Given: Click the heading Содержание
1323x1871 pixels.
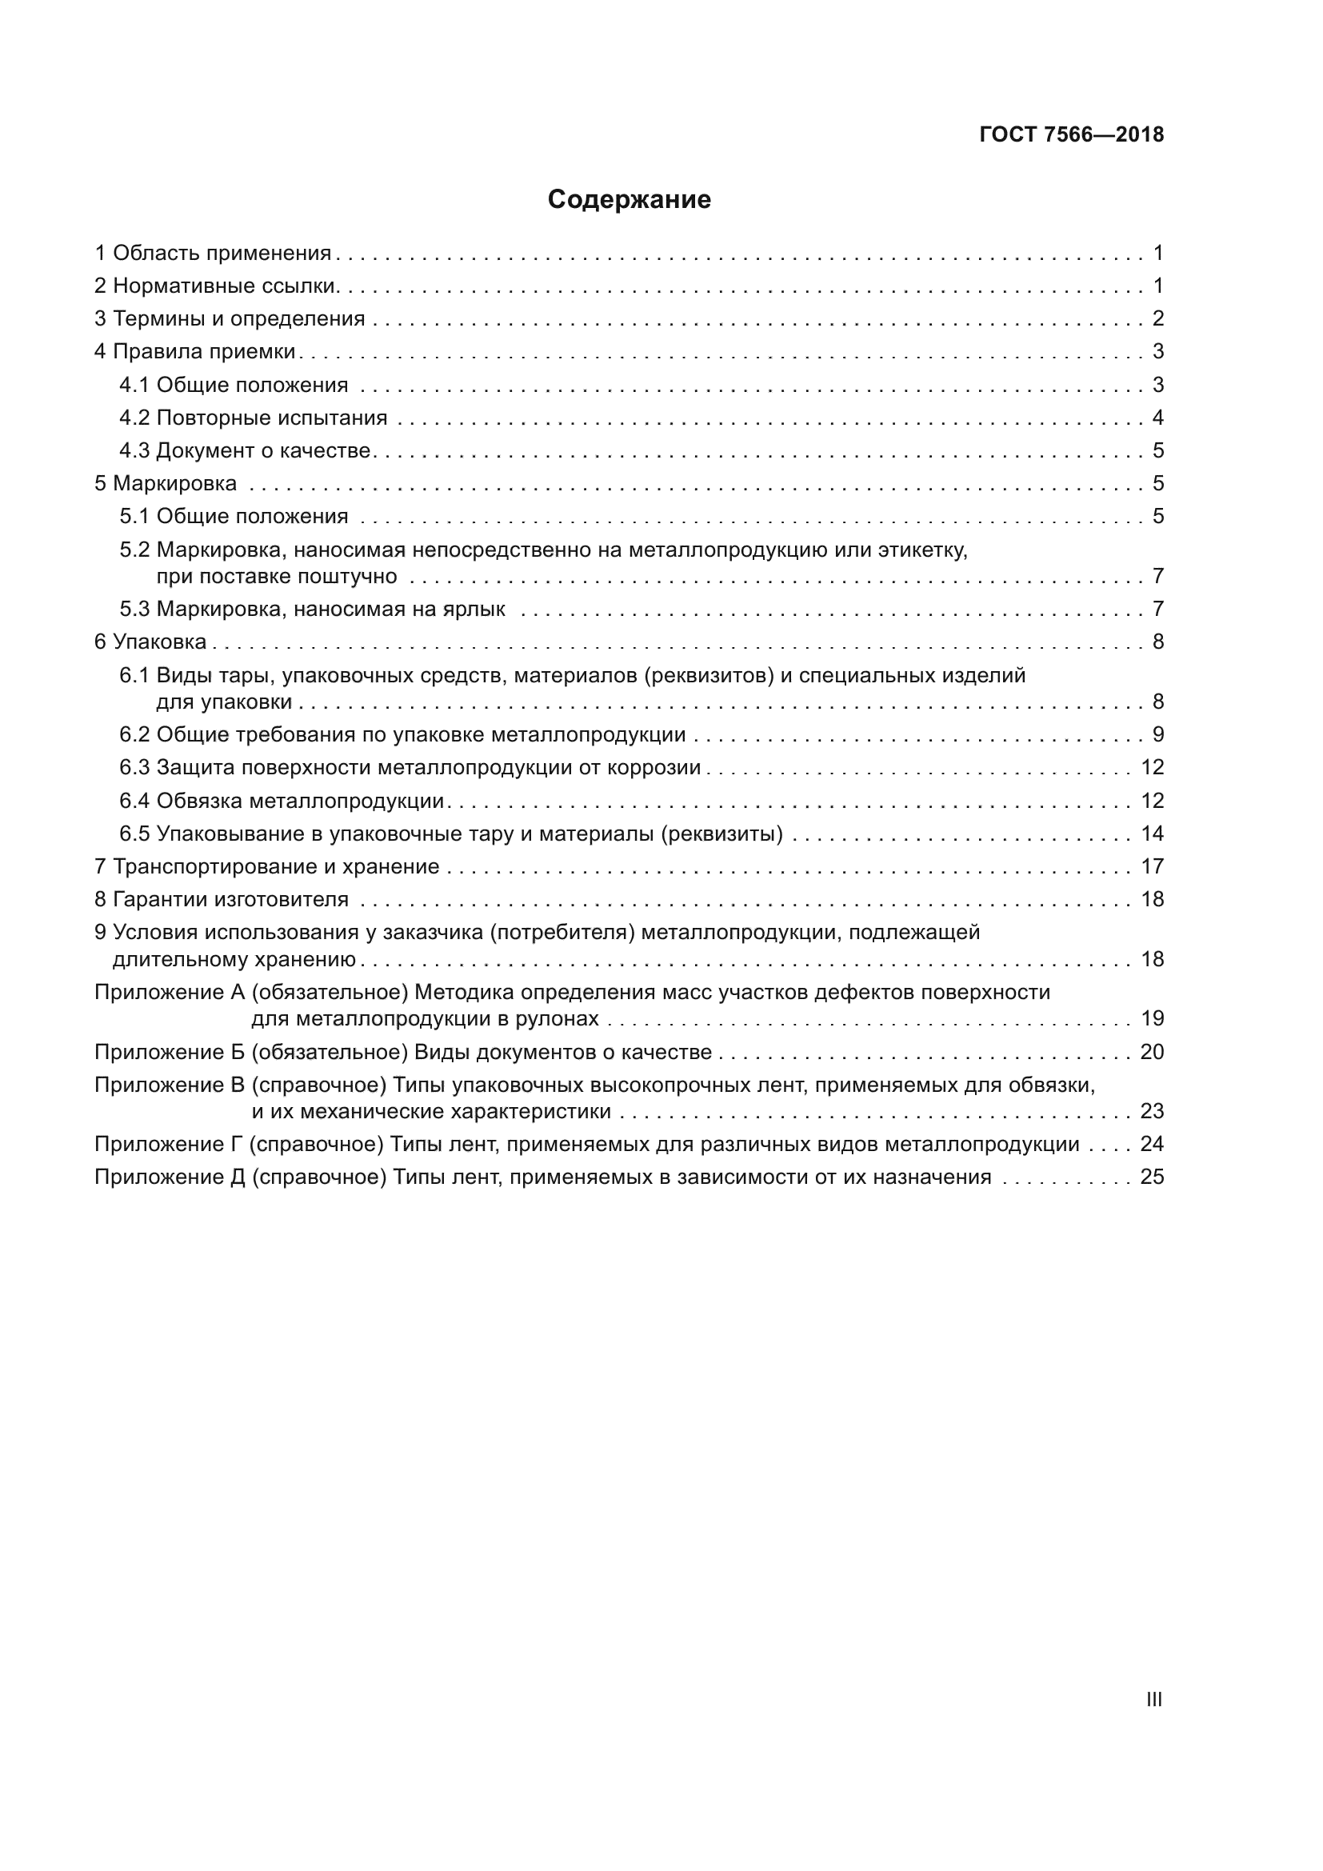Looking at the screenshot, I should click(x=629, y=200).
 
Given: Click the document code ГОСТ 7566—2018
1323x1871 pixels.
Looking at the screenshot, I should click(x=1071, y=134).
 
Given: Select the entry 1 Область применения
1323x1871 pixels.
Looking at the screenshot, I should click(x=214, y=254).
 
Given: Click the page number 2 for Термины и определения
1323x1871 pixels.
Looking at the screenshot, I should click(x=1157, y=318).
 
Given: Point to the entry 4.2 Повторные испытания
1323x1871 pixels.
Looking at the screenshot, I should click(x=254, y=418).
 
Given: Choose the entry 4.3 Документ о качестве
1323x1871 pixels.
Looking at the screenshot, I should click(x=246, y=450).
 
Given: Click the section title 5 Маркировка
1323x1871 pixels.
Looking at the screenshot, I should click(x=166, y=483).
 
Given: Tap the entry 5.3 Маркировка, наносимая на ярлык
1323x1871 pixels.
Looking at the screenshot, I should click(x=312, y=609).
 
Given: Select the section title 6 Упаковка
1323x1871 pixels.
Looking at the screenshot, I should click(x=150, y=642).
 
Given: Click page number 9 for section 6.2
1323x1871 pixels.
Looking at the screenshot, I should click(x=1157, y=734).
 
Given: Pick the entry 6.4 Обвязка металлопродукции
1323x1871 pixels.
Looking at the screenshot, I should click(x=282, y=801).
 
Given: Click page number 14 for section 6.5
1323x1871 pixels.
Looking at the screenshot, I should click(x=1152, y=834).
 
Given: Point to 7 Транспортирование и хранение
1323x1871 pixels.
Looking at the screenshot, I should click(x=267, y=866).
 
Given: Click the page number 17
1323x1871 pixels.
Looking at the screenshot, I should click(x=1152, y=866).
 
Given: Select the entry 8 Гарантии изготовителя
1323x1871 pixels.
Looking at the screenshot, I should click(x=222, y=900).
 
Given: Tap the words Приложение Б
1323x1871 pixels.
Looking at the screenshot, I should click(x=170, y=1052).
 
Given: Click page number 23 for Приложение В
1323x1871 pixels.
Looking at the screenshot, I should click(x=1152, y=1112).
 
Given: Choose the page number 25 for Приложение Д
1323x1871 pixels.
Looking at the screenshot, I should click(x=1152, y=1177).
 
